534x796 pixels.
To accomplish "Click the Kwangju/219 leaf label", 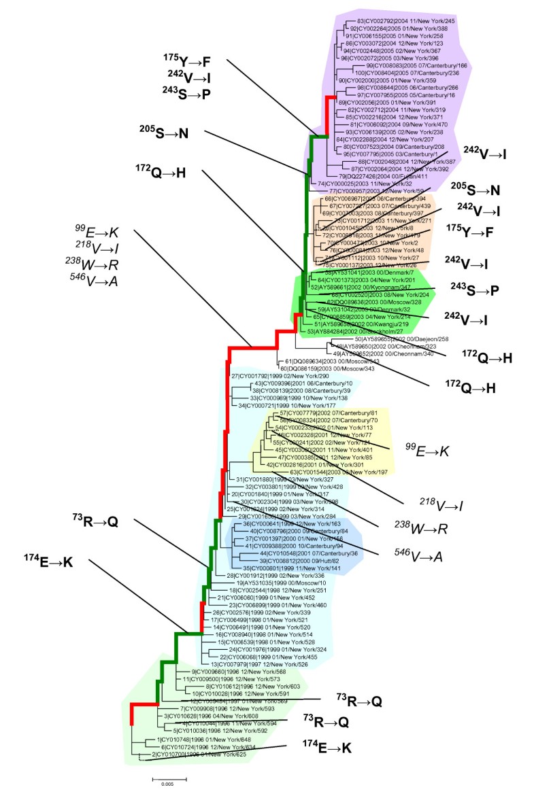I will tap(363, 324).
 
